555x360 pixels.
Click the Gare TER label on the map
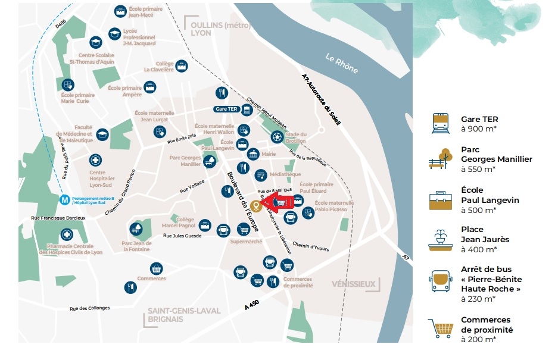(226, 109)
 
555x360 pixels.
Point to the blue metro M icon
(64, 199)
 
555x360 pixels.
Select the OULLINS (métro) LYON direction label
(211, 29)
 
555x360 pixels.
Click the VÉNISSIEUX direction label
(354, 284)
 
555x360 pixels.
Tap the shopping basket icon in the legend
(441, 328)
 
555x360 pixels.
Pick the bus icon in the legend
(441, 280)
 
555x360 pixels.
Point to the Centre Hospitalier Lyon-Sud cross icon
(95, 160)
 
